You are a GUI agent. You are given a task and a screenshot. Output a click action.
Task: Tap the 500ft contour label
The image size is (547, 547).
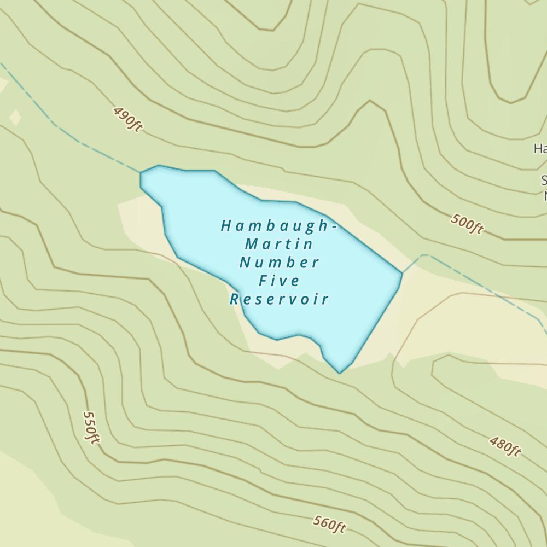tap(468, 224)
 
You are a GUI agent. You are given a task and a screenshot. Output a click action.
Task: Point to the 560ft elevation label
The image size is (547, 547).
tap(330, 524)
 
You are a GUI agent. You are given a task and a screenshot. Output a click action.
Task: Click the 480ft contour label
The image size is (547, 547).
tap(505, 446)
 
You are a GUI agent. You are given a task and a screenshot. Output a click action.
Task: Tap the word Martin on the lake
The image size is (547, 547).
tap(279, 243)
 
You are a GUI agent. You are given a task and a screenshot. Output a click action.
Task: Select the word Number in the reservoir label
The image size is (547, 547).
tap(279, 262)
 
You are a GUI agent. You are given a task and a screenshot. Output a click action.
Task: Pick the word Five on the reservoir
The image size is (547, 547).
tap(279, 281)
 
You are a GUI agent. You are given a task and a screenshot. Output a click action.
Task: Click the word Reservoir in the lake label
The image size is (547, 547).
tap(279, 300)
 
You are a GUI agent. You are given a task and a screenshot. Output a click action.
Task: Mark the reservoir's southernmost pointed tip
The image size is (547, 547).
tap(340, 373)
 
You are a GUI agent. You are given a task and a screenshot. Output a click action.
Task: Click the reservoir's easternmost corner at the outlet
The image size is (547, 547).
tap(402, 272)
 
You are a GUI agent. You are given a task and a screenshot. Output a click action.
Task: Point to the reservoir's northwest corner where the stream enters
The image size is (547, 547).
tap(141, 173)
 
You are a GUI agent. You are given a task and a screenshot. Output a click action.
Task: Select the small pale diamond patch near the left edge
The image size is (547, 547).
tap(15, 117)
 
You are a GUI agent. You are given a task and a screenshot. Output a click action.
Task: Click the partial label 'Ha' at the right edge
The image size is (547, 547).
tap(540, 148)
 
